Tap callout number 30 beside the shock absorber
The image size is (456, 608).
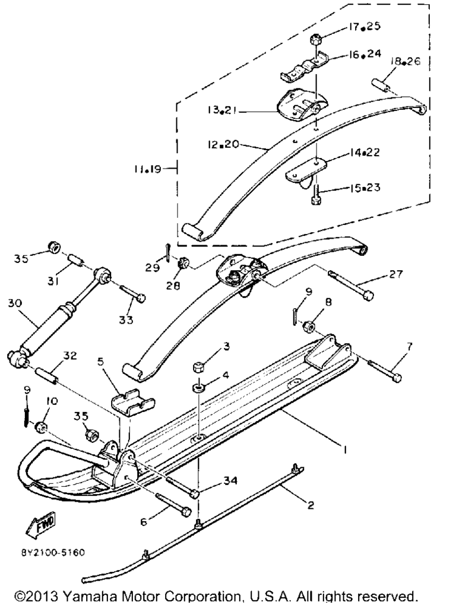pyautogui.click(x=15, y=303)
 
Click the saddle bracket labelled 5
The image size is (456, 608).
pyautogui.click(x=133, y=401)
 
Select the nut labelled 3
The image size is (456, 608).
pyautogui.click(x=198, y=366)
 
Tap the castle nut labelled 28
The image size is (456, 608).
pyautogui.click(x=183, y=263)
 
